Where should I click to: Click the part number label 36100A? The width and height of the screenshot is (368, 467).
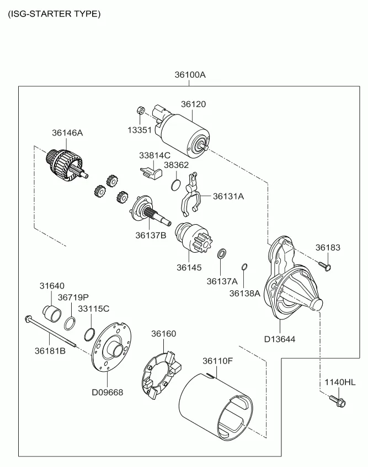tap(190, 75)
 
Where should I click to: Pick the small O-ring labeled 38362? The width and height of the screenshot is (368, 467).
tap(176, 184)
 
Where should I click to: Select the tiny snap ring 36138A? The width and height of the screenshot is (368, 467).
tap(244, 267)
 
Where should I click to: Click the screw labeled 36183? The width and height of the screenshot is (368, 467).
tap(324, 265)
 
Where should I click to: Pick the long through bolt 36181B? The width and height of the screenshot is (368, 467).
tap(50, 331)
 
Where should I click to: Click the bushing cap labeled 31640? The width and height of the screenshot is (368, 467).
tap(52, 313)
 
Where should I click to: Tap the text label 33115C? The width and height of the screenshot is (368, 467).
tap(94, 309)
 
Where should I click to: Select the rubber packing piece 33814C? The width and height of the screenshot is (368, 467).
tap(151, 172)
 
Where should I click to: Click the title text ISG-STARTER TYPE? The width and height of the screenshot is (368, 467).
tap(54, 14)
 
